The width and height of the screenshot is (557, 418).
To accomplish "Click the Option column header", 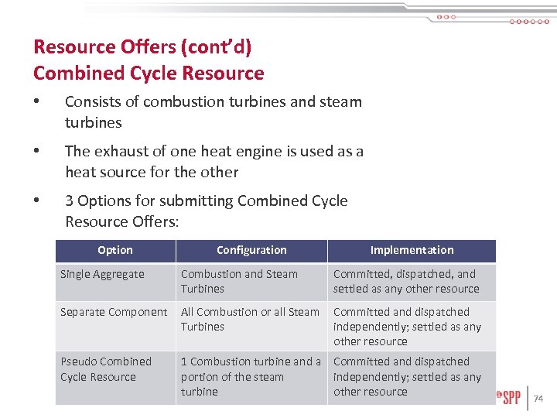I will [115, 250].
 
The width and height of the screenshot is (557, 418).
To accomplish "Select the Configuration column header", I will [251, 250].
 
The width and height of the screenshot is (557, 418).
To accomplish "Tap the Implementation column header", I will [412, 250].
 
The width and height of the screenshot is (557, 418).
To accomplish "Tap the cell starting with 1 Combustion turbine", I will [251, 376].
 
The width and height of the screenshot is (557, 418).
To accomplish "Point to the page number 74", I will [539, 399].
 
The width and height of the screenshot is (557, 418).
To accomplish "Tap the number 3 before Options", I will [70, 201].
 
